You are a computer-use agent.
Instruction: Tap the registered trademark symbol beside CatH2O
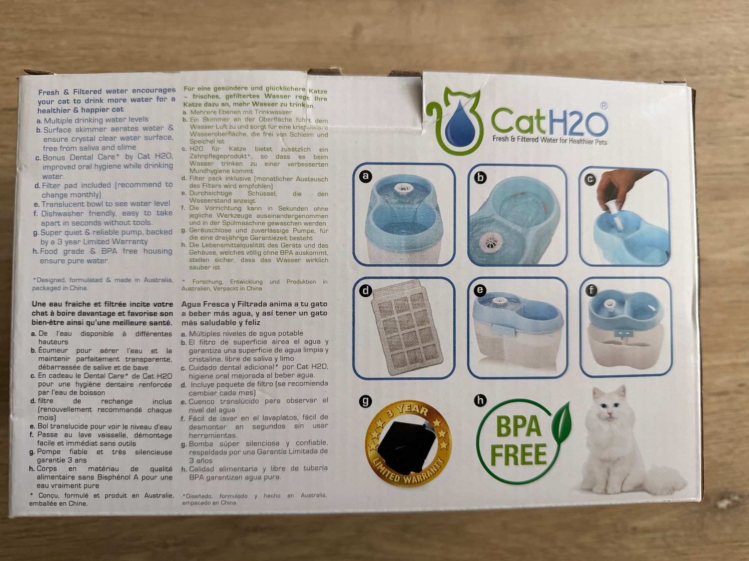click(603, 106)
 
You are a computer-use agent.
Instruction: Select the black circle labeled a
click(365, 176)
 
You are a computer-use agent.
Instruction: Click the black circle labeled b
click(480, 177)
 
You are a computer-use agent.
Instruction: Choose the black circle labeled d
click(365, 290)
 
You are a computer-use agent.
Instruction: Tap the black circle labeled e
click(480, 290)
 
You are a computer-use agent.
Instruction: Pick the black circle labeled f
click(591, 290)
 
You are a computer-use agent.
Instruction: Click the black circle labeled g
click(365, 401)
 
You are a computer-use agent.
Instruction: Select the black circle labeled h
click(480, 400)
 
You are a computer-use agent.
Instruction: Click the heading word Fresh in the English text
click(49, 92)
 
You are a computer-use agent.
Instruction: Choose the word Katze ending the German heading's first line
click(318, 91)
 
